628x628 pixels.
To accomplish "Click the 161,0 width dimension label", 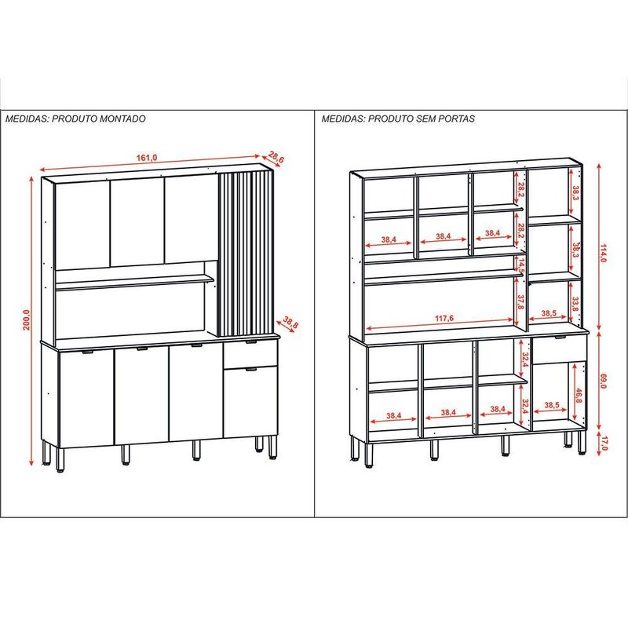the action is click(147, 158).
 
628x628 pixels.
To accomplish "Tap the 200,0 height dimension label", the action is click(27, 319).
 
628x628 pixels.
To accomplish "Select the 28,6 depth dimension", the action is click(276, 156).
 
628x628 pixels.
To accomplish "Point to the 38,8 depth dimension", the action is click(290, 323).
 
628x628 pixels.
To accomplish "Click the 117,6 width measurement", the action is click(444, 319).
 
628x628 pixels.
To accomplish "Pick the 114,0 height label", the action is click(603, 252).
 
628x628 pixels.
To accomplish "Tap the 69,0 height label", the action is click(603, 381).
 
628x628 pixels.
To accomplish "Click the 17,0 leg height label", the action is click(604, 444).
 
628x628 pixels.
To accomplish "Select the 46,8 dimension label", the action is click(579, 396).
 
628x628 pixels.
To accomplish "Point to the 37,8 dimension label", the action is click(520, 301).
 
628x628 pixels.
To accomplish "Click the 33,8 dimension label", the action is click(576, 304).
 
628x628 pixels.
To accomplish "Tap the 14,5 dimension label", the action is click(520, 266).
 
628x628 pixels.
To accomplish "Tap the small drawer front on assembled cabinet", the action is click(250, 354).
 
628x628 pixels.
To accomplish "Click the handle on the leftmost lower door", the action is click(87, 352).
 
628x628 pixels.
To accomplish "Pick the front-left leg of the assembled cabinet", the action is click(60, 460).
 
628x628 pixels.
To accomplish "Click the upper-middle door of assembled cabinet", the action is click(137, 222).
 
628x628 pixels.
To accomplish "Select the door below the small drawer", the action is click(250, 402).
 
